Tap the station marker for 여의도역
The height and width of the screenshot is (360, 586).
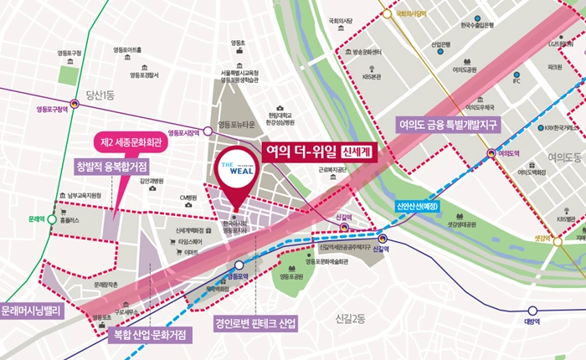(x=491, y=153)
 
